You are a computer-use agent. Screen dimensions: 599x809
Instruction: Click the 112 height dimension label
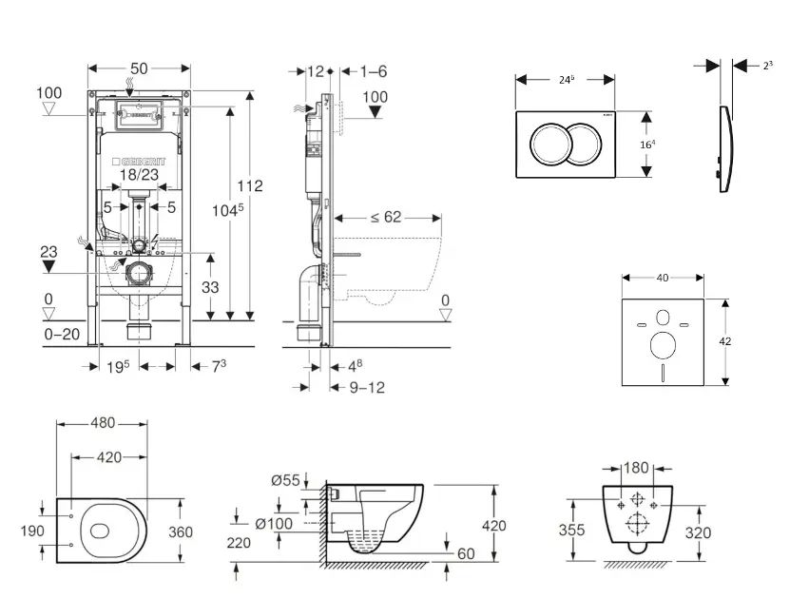250,185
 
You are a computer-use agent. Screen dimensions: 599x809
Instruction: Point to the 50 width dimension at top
138,68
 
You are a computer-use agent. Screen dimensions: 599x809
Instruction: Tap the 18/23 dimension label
140,175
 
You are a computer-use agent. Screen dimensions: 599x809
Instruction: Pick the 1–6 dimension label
374,71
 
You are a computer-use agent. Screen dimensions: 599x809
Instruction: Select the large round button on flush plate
551,144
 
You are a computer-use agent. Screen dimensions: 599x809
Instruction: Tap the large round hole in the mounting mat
663,341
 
